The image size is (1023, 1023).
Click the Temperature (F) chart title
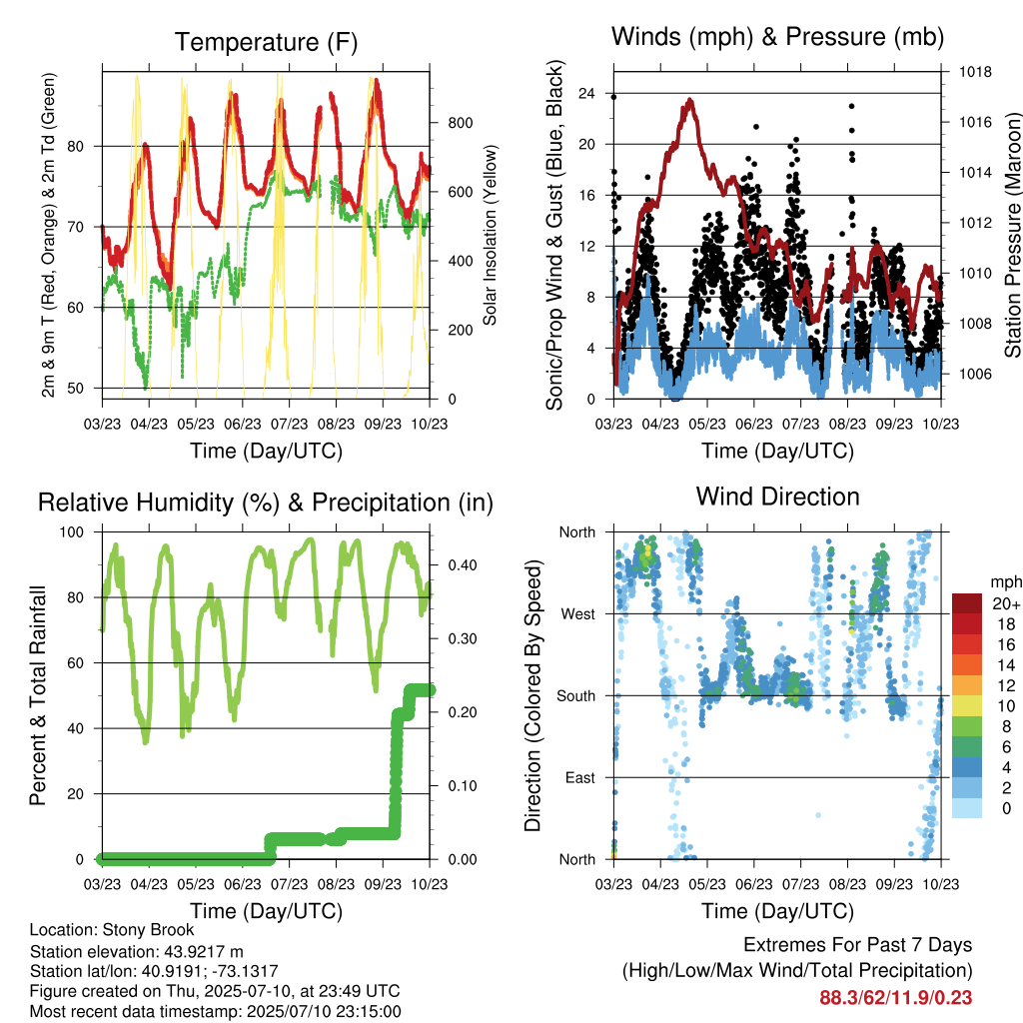pyautogui.click(x=266, y=42)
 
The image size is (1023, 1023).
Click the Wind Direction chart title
pyautogui.click(x=777, y=497)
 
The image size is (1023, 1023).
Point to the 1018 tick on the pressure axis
pyautogui.click(x=975, y=72)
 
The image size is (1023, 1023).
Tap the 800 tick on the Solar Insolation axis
pyautogui.click(x=460, y=123)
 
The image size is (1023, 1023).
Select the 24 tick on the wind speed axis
pyautogui.click(x=586, y=93)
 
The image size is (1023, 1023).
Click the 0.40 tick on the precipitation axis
pyautogui.click(x=463, y=565)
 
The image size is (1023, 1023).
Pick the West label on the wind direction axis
pyautogui.click(x=577, y=614)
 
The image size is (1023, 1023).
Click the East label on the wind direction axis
pyautogui.click(x=579, y=777)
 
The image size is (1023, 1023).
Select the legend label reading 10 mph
pyautogui.click(x=1007, y=705)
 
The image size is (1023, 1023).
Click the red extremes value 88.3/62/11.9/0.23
pyautogui.click(x=896, y=998)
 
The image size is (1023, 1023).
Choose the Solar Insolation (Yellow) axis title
pyautogui.click(x=490, y=235)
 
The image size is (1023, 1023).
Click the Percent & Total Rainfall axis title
pyautogui.click(x=38, y=695)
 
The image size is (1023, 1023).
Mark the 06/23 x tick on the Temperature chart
pyautogui.click(x=243, y=424)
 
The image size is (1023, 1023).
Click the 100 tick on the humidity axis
pyautogui.click(x=72, y=531)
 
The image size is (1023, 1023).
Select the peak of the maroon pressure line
pyautogui.click(x=690, y=100)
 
